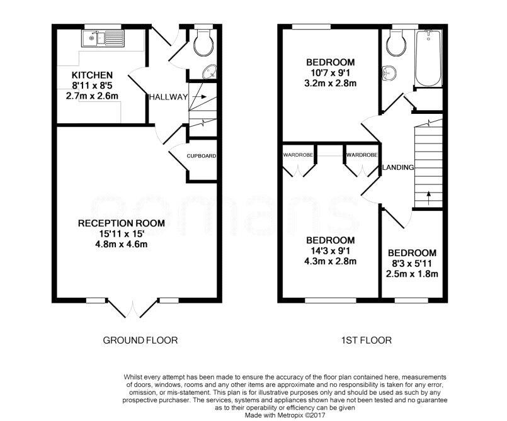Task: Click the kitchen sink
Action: [x=103, y=39]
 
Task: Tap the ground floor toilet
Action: [x=203, y=43]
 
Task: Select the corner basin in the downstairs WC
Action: [x=210, y=72]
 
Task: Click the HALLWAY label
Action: [x=168, y=97]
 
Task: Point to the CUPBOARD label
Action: [x=202, y=156]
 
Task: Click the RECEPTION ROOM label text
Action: [x=122, y=223]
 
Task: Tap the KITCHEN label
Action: [x=92, y=76]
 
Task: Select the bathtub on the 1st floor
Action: [x=429, y=58]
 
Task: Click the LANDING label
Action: [x=398, y=167]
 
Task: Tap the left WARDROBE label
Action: [x=298, y=155]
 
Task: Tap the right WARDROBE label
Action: [x=362, y=155]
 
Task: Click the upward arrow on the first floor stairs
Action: [x=429, y=198]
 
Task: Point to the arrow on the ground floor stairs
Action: [x=200, y=97]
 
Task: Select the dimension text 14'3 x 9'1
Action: [x=330, y=250]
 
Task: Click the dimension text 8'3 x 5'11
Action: [x=412, y=264]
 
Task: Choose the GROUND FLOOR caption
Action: [x=140, y=340]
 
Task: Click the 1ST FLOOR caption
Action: [x=367, y=340]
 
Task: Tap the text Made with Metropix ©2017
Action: [x=285, y=415]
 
